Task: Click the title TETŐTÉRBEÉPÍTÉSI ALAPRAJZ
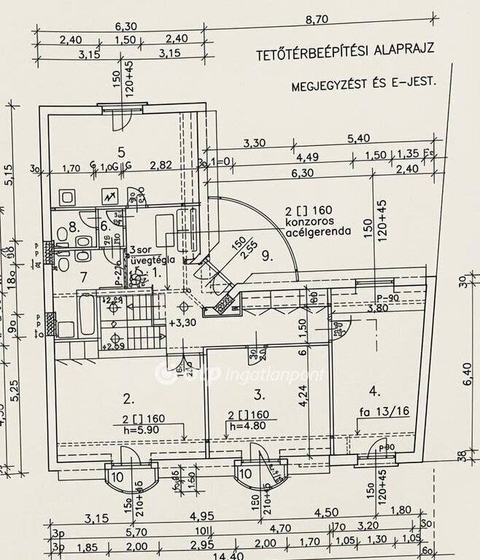click(x=345, y=52)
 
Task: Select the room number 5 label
click(x=121, y=152)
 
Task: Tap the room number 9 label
click(x=267, y=256)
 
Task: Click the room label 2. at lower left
click(x=128, y=399)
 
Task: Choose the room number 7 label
click(x=84, y=276)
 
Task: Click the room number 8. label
click(x=73, y=227)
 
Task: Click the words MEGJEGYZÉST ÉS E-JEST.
click(x=363, y=84)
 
